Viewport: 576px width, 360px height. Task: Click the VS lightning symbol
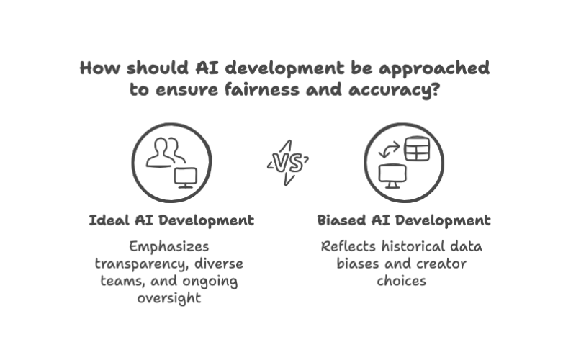288,163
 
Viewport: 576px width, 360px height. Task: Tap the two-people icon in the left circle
166,153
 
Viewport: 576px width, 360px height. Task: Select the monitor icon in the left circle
186,178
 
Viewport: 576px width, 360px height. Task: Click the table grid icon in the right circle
417,149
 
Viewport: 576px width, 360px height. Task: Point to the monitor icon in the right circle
392,176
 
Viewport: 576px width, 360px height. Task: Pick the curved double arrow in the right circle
389,150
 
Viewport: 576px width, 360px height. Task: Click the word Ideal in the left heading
109,220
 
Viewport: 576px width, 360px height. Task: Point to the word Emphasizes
169,246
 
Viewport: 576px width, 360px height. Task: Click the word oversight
169,298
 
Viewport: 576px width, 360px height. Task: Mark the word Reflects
348,246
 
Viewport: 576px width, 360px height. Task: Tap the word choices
402,281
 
